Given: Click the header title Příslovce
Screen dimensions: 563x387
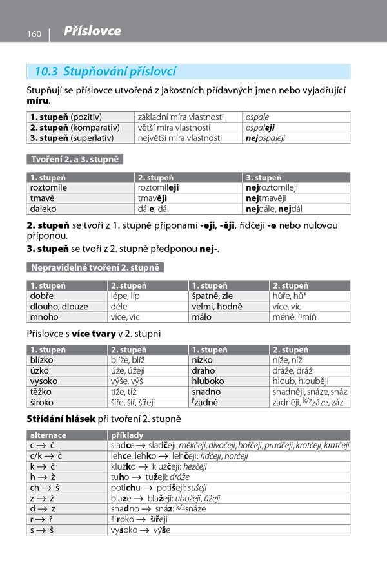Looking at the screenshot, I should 92,32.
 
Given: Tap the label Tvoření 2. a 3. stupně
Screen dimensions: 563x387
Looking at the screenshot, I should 75,159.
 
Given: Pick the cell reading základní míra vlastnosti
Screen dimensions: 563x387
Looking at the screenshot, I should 181,117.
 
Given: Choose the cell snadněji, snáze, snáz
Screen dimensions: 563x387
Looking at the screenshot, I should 310,392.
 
